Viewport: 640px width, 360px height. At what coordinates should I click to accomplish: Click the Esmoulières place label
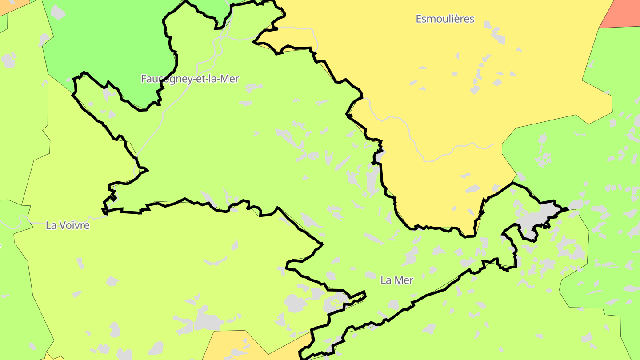tap(445, 19)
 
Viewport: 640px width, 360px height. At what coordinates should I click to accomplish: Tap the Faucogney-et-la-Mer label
tap(190, 79)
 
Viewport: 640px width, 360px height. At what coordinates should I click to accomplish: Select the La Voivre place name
tap(68, 225)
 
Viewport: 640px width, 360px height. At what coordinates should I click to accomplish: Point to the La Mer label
tap(397, 280)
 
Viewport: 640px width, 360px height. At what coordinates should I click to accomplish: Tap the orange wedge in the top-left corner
tap(11, 5)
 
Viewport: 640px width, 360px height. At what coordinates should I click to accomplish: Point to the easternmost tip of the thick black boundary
tap(568, 208)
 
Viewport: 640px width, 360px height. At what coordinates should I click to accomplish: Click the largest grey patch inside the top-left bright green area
tap(58, 12)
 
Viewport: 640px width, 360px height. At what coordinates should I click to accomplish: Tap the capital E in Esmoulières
tap(419, 19)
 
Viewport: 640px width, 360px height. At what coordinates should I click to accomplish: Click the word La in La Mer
tap(386, 280)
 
